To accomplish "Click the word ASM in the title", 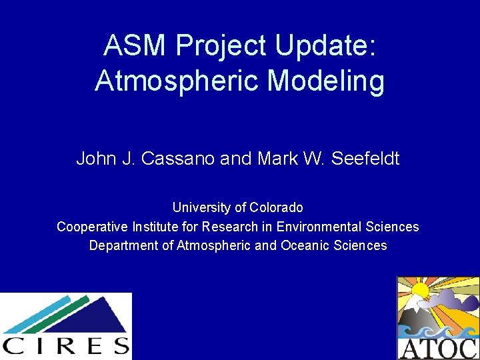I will [x=135, y=45].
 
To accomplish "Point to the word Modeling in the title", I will [x=326, y=81].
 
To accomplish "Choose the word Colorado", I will [x=276, y=207].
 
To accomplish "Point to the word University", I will [x=201, y=207].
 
